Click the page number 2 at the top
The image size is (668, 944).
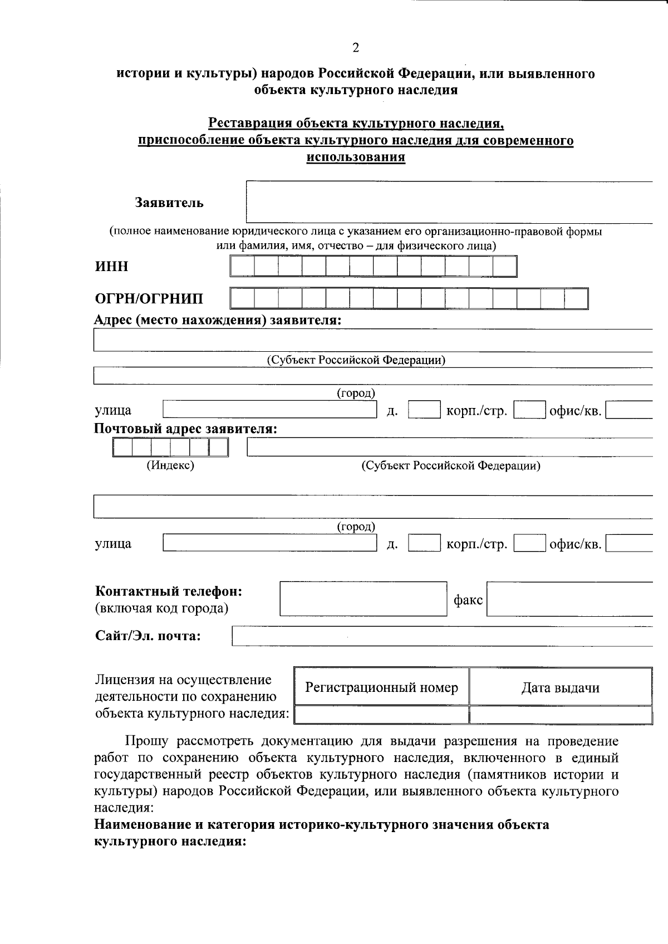click(x=356, y=48)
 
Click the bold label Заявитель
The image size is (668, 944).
click(x=169, y=203)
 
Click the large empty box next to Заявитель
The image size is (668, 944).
click(x=448, y=202)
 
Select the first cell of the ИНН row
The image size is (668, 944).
click(x=242, y=267)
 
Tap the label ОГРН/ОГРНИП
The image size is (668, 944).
click(x=149, y=299)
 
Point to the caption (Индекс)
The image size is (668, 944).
click(x=170, y=465)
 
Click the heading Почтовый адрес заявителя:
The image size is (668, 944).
click(x=185, y=429)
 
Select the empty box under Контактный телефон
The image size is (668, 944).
click(x=363, y=599)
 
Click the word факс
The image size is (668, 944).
click(x=468, y=600)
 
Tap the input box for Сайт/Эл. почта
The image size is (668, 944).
click(x=441, y=636)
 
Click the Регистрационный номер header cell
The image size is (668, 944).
click(x=381, y=687)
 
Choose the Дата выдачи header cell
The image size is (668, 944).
click(x=560, y=688)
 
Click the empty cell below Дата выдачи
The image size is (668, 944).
click(x=560, y=715)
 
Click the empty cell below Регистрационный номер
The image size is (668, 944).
click(x=381, y=715)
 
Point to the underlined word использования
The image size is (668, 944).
click(x=356, y=158)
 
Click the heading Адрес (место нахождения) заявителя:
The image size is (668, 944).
click(x=218, y=320)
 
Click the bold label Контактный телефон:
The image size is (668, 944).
click(x=169, y=591)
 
